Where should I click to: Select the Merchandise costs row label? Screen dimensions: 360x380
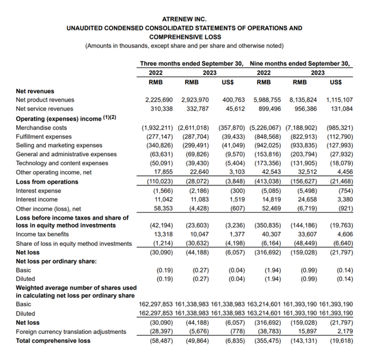tap(42, 128)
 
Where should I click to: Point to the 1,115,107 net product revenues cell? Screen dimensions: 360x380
tap(340, 100)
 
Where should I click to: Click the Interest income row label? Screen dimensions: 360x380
tap(37, 200)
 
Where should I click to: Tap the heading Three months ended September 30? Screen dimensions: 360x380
tap(191, 62)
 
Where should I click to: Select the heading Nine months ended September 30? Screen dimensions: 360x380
tap(299, 62)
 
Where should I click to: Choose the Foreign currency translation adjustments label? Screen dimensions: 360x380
tap(71, 331)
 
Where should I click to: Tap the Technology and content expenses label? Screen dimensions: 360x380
tap(62, 163)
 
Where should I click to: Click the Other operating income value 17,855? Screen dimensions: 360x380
tap(164, 172)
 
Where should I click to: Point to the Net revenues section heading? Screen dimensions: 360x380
tap(34, 91)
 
